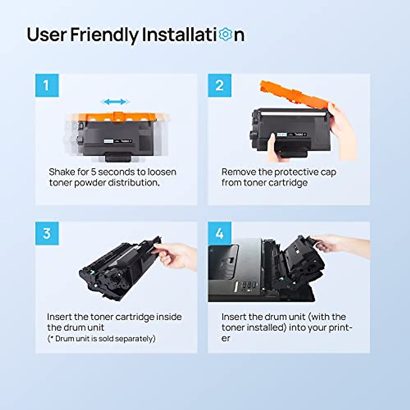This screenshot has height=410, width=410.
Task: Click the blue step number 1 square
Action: (47, 85)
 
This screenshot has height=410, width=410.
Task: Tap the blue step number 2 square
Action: (220, 85)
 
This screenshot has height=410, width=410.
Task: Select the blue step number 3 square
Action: (47, 233)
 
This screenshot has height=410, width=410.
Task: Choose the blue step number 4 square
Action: (220, 233)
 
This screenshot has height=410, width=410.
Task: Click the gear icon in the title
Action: (225, 35)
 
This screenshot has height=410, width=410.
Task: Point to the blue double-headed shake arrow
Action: (115, 102)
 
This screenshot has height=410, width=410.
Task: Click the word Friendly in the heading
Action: (104, 35)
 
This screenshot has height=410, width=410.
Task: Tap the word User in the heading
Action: (46, 35)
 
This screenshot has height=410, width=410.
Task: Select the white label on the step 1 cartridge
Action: (109, 141)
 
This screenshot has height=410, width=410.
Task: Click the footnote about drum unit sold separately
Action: (101, 339)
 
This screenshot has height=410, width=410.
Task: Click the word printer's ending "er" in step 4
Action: (226, 338)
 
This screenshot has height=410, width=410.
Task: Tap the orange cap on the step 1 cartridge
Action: (117, 117)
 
